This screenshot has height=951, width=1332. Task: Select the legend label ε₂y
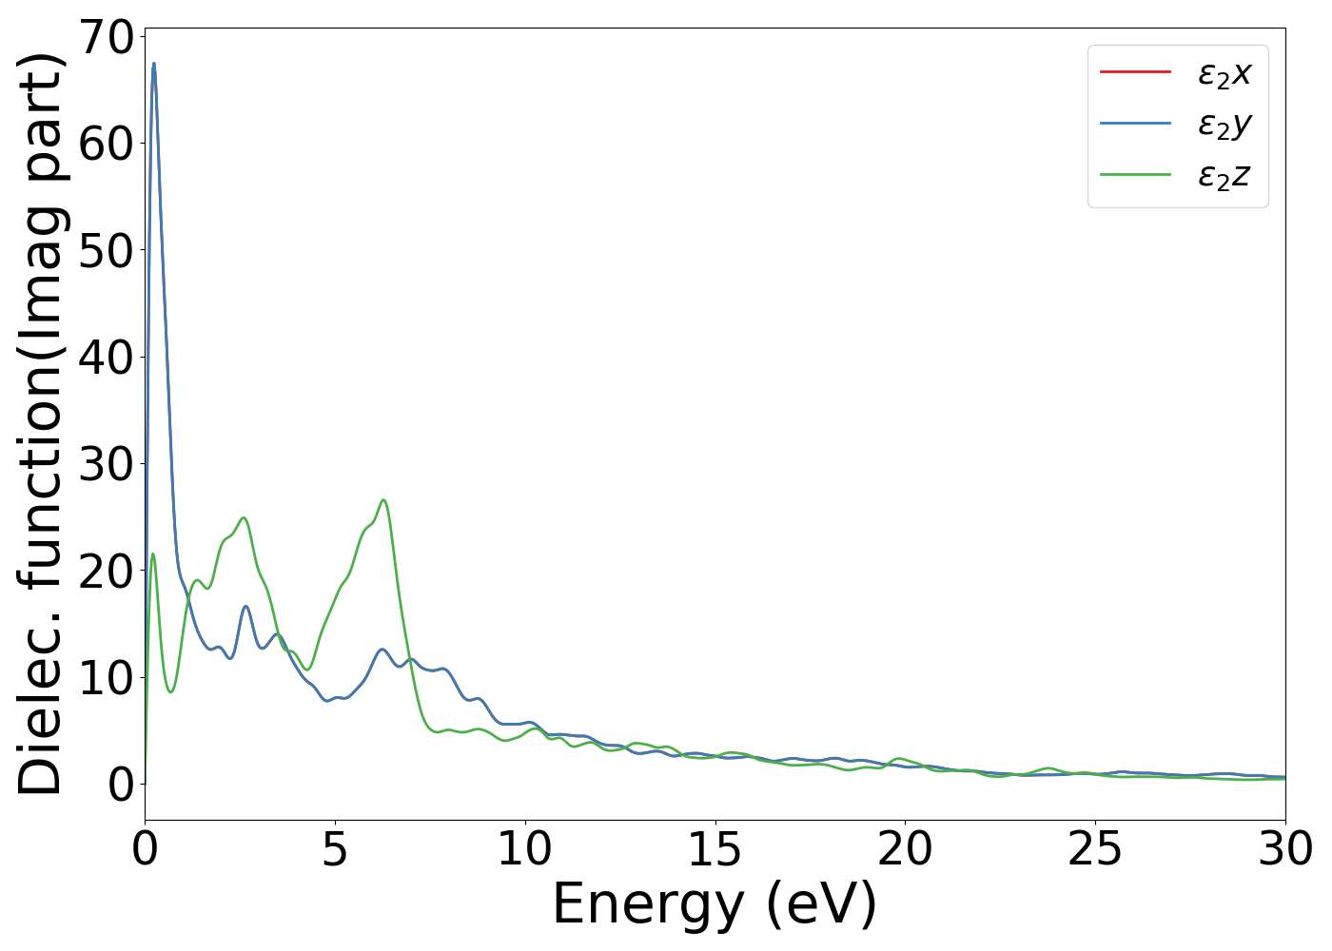pyautogui.click(x=1224, y=125)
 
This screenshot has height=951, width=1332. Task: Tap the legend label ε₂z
pyautogui.click(x=1224, y=176)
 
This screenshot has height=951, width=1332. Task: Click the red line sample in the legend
pyautogui.click(x=1135, y=71)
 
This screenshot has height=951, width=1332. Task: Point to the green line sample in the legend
pyautogui.click(x=1135, y=175)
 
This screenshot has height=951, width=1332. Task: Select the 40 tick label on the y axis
pyautogui.click(x=106, y=358)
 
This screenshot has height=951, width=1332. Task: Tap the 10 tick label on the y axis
pyautogui.click(x=106, y=678)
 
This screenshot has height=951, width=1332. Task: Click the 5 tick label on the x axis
pyautogui.click(x=335, y=849)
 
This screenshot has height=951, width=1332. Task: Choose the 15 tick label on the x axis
pyautogui.click(x=715, y=849)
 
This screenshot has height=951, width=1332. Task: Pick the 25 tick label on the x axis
pyautogui.click(x=1095, y=849)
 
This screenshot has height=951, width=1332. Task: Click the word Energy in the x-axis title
pyautogui.click(x=647, y=903)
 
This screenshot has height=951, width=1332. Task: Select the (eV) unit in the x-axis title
pyautogui.click(x=823, y=903)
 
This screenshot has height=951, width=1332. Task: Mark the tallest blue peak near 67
pyautogui.click(x=154, y=65)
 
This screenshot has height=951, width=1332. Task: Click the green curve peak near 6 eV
pyautogui.click(x=383, y=500)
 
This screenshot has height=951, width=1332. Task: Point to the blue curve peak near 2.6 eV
pyautogui.click(x=245, y=606)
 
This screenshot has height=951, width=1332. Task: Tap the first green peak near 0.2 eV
pyautogui.click(x=152, y=553)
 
